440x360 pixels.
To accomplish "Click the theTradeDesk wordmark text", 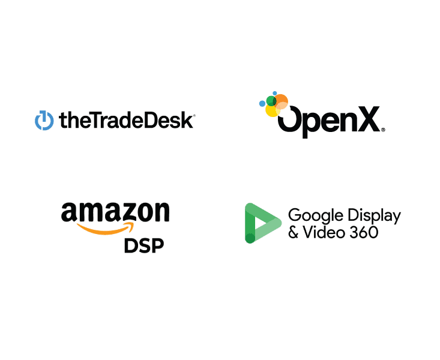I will (x=127, y=121).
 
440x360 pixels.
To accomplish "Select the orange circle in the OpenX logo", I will (x=281, y=101).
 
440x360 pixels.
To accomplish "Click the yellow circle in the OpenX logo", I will (x=272, y=110).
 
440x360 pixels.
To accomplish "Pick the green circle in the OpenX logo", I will (x=271, y=101).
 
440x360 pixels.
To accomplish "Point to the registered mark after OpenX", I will (x=383, y=130).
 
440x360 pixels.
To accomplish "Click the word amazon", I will (x=115, y=213).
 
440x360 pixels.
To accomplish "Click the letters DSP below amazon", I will (x=144, y=246).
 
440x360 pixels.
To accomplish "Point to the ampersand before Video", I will (x=294, y=232).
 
